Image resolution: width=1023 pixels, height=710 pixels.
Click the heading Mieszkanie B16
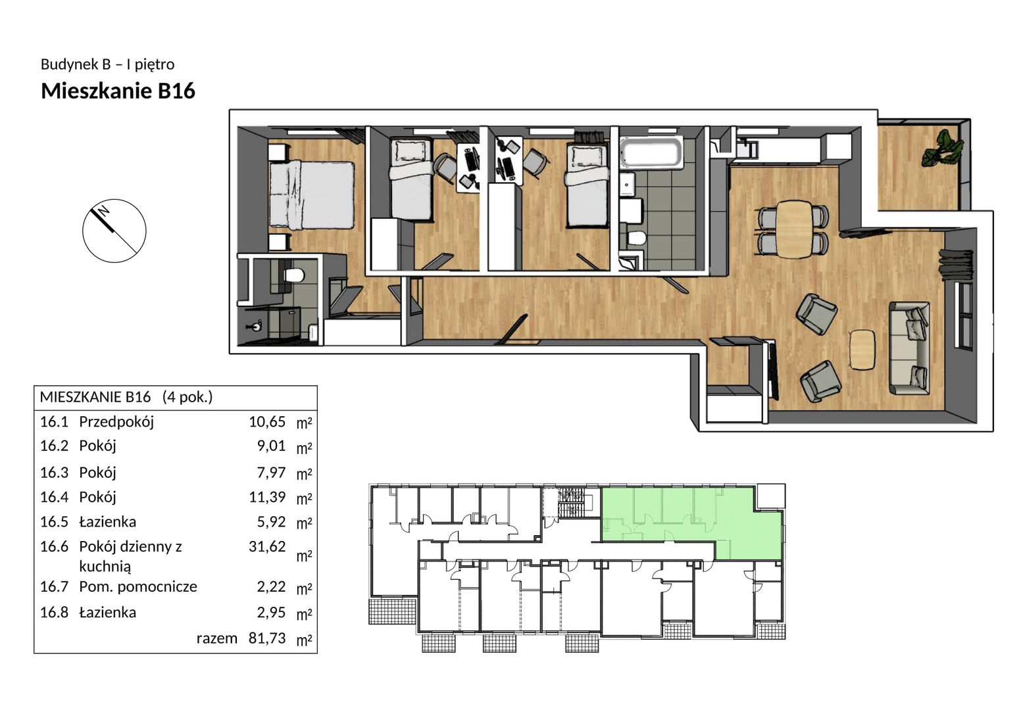click(x=118, y=91)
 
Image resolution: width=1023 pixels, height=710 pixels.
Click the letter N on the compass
click(x=104, y=210)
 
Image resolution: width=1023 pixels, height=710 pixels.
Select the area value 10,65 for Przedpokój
click(x=267, y=421)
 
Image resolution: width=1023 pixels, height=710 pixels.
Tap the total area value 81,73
click(x=267, y=638)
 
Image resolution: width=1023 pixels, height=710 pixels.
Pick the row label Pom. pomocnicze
click(x=138, y=586)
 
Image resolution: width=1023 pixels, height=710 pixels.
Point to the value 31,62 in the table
click(x=267, y=546)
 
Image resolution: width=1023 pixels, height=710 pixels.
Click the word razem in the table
click(x=217, y=638)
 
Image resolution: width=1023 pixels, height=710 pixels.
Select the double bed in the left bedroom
click(x=312, y=195)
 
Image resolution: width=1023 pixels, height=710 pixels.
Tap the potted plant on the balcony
click(x=943, y=148)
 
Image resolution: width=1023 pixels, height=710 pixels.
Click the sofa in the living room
click(x=909, y=348)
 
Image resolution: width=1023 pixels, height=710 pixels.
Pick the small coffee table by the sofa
click(x=862, y=350)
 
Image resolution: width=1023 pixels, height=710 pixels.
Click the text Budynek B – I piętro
click(x=107, y=64)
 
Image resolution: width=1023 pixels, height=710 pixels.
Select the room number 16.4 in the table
click(x=54, y=497)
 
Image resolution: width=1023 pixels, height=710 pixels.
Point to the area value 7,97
click(x=271, y=472)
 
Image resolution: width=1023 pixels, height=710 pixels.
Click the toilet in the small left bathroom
click(x=293, y=275)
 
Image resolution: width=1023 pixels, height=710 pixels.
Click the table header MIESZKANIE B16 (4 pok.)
click(x=126, y=398)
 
